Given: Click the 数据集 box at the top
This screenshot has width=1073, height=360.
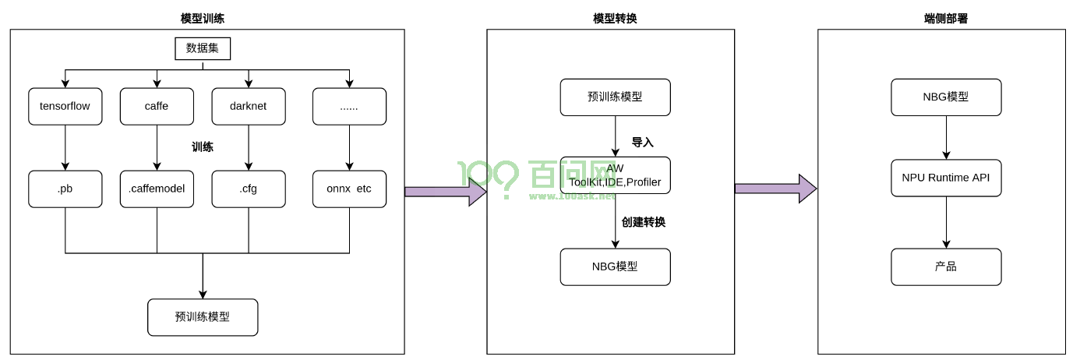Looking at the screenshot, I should (203, 49).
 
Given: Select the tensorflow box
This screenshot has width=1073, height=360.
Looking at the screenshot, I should (65, 107).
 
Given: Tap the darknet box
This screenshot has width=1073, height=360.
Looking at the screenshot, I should (249, 107).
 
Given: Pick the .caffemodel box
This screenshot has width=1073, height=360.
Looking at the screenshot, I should (157, 189).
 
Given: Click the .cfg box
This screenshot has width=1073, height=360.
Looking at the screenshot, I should (249, 189).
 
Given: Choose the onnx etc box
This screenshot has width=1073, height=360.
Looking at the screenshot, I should (349, 189).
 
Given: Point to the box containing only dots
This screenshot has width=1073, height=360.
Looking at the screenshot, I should (349, 107).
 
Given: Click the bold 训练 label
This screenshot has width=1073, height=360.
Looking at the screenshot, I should (203, 146).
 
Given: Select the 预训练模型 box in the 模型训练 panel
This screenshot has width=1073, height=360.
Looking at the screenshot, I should (203, 317).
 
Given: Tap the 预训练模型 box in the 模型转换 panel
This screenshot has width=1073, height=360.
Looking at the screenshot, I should (615, 97).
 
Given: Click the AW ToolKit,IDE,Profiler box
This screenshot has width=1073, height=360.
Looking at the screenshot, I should (615, 176).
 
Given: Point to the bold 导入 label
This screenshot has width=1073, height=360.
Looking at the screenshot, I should (642, 143).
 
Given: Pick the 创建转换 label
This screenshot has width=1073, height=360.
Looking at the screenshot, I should (643, 222).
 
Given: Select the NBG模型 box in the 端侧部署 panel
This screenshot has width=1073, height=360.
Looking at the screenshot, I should (946, 97).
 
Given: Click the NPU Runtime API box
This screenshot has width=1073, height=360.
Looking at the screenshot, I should (946, 178).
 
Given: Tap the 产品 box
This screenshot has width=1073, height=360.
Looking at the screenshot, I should (946, 266).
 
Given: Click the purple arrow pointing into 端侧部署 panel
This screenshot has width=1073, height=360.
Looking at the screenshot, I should (775, 188).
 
